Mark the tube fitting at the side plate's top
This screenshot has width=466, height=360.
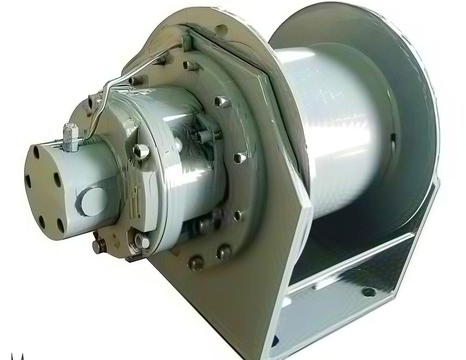[186, 43]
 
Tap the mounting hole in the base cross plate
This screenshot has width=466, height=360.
[369, 291]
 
